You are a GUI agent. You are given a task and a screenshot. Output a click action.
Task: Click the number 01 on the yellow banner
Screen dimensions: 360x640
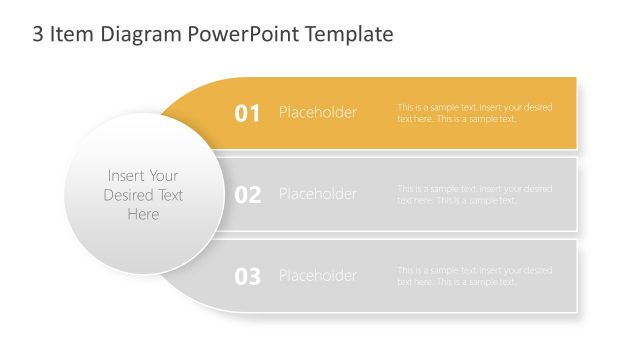point(247,113)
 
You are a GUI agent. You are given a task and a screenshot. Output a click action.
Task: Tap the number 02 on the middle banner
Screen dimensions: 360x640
point(247,195)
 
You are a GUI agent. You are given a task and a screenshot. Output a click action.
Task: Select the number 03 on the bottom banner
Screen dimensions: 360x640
point(247,276)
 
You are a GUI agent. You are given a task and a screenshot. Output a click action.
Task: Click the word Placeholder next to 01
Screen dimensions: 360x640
point(317,112)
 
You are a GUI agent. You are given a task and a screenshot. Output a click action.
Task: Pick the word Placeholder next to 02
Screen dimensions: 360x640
point(317,194)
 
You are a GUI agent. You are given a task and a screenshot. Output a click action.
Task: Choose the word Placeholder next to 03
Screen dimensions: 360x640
point(317,275)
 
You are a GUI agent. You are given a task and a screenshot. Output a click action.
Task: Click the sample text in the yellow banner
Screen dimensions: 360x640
point(474,113)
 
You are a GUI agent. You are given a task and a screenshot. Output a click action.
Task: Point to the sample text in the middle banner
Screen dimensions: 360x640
point(474,194)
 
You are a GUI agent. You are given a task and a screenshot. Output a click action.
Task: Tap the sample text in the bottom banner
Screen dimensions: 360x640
point(474,276)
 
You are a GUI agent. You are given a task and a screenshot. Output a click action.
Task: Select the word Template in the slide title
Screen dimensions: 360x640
point(351,35)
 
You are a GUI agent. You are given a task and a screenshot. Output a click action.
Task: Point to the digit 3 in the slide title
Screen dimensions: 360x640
point(39,35)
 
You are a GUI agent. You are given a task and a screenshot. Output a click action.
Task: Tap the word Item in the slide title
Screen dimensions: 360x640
point(74,35)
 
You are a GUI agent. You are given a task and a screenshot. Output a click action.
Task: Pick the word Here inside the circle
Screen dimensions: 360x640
point(143,214)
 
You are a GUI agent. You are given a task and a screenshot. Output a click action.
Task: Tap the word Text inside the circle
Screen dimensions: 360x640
point(171,195)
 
